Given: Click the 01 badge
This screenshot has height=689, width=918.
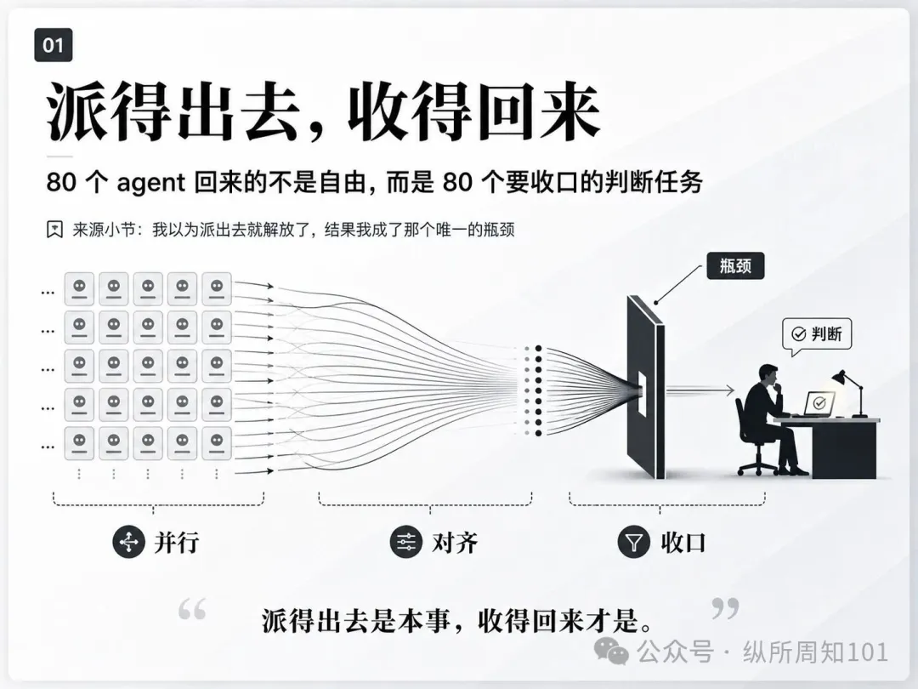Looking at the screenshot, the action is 54,45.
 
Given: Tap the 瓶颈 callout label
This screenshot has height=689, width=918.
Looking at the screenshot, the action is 735,266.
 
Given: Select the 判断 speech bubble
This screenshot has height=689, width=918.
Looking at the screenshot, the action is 817,335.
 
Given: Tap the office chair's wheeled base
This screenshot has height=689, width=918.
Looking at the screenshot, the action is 758,466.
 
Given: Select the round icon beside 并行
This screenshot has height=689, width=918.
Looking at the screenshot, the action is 129,542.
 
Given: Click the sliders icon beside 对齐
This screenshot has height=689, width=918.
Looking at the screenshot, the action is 406,541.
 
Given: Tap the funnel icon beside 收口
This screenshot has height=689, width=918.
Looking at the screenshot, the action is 634,542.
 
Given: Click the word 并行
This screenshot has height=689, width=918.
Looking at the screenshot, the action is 177,543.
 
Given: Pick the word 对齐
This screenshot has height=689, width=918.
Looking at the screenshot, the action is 454,543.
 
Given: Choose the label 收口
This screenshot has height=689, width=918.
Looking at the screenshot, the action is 683,543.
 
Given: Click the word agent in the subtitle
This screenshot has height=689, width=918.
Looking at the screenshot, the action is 151,184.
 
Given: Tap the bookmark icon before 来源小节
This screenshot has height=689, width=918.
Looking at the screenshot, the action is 54,229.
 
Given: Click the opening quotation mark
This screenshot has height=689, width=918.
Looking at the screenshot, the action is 192,609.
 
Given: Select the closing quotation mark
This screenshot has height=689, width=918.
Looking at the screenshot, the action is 725,608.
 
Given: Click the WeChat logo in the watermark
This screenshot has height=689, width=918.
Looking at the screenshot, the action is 611,651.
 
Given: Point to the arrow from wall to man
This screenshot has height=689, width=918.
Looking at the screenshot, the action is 700,390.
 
